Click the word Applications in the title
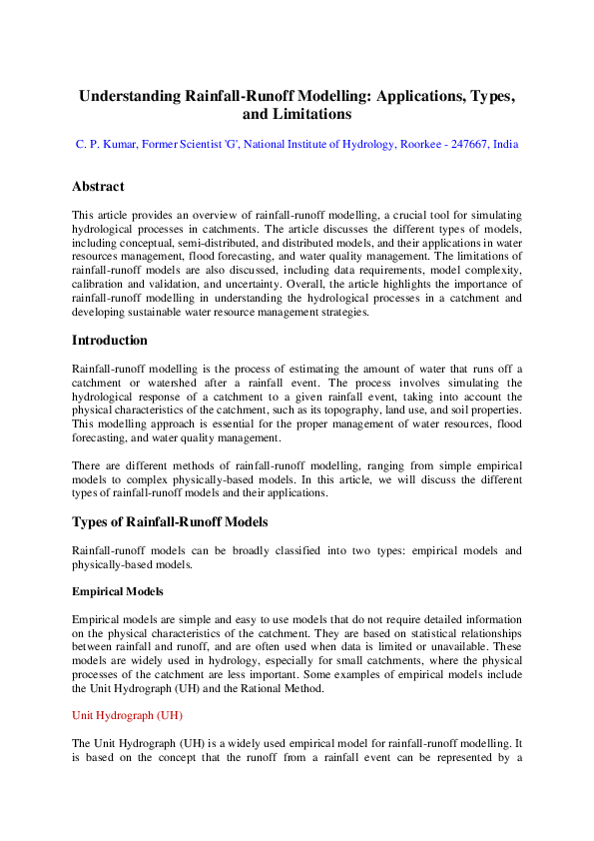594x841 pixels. click(408, 97)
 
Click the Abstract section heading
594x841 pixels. click(98, 187)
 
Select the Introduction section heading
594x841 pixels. click(110, 341)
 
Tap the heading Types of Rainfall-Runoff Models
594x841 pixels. click(170, 522)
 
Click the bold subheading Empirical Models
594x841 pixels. click(118, 591)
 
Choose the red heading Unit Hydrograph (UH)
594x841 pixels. click(127, 715)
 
